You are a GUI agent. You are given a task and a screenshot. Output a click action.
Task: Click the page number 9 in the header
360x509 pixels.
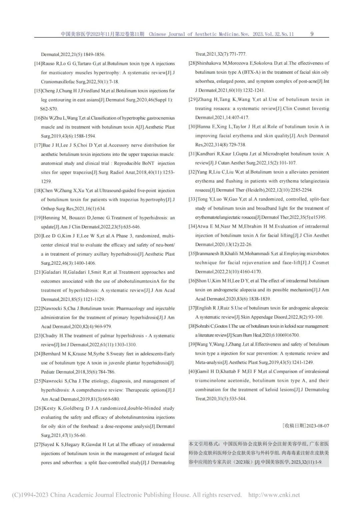312,34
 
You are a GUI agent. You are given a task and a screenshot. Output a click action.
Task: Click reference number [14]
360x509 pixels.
38,64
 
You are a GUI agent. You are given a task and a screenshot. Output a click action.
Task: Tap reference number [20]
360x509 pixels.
38,236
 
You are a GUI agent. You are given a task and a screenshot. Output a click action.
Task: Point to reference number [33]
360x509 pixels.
192,199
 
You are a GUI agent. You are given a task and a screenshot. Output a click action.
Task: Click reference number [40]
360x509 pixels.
192,371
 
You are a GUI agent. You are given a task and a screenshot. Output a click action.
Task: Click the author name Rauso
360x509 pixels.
48,64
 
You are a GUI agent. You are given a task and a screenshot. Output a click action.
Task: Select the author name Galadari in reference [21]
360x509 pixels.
51,272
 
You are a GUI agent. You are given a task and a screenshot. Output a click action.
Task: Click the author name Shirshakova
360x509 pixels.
207,63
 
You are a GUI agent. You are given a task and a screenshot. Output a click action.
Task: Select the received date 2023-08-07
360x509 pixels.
317,426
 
